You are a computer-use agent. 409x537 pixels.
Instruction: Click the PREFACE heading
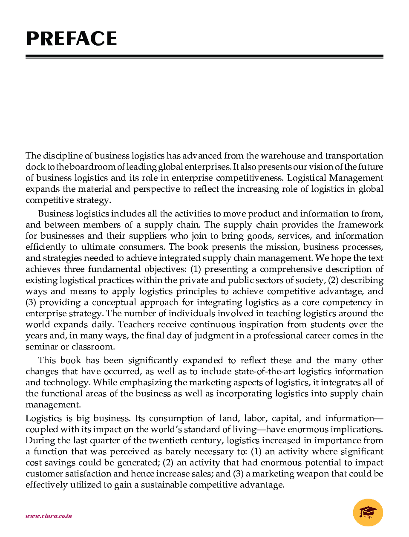click(72, 39)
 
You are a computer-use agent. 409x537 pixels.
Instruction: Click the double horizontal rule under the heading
click(204, 56)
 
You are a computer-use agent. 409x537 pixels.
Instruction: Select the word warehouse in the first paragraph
click(282, 156)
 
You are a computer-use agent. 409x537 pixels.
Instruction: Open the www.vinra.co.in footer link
click(49, 516)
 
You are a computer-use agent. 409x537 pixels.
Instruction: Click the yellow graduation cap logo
click(368, 512)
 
